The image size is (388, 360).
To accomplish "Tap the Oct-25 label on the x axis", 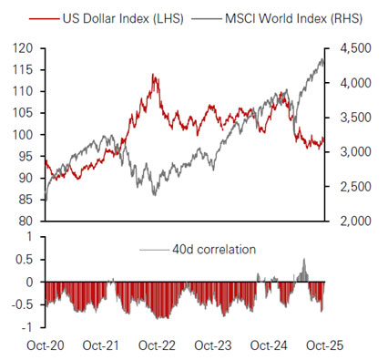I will click(x=323, y=345).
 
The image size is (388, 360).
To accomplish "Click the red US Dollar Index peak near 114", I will click(x=155, y=76).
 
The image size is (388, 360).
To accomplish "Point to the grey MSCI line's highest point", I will click(x=322, y=59).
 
